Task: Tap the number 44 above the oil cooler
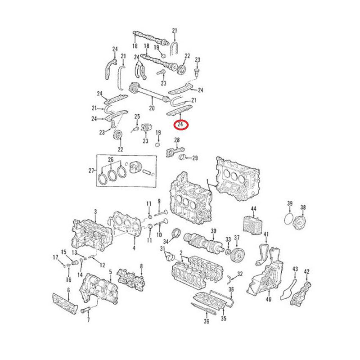coord(253,208)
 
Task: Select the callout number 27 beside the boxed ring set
coord(91,170)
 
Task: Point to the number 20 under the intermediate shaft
coord(152,108)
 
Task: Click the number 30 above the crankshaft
coord(213,231)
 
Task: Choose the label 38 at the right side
coord(303,207)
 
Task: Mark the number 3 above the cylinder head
coord(95,211)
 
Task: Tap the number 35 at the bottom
coord(223,319)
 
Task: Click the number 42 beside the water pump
coord(307,271)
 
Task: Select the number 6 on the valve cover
coord(68,291)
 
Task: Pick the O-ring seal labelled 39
coord(288,219)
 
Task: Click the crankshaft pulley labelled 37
coord(236,255)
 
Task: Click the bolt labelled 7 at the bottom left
coord(87,310)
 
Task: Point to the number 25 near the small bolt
coord(137,117)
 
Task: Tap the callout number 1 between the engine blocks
coord(207,181)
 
